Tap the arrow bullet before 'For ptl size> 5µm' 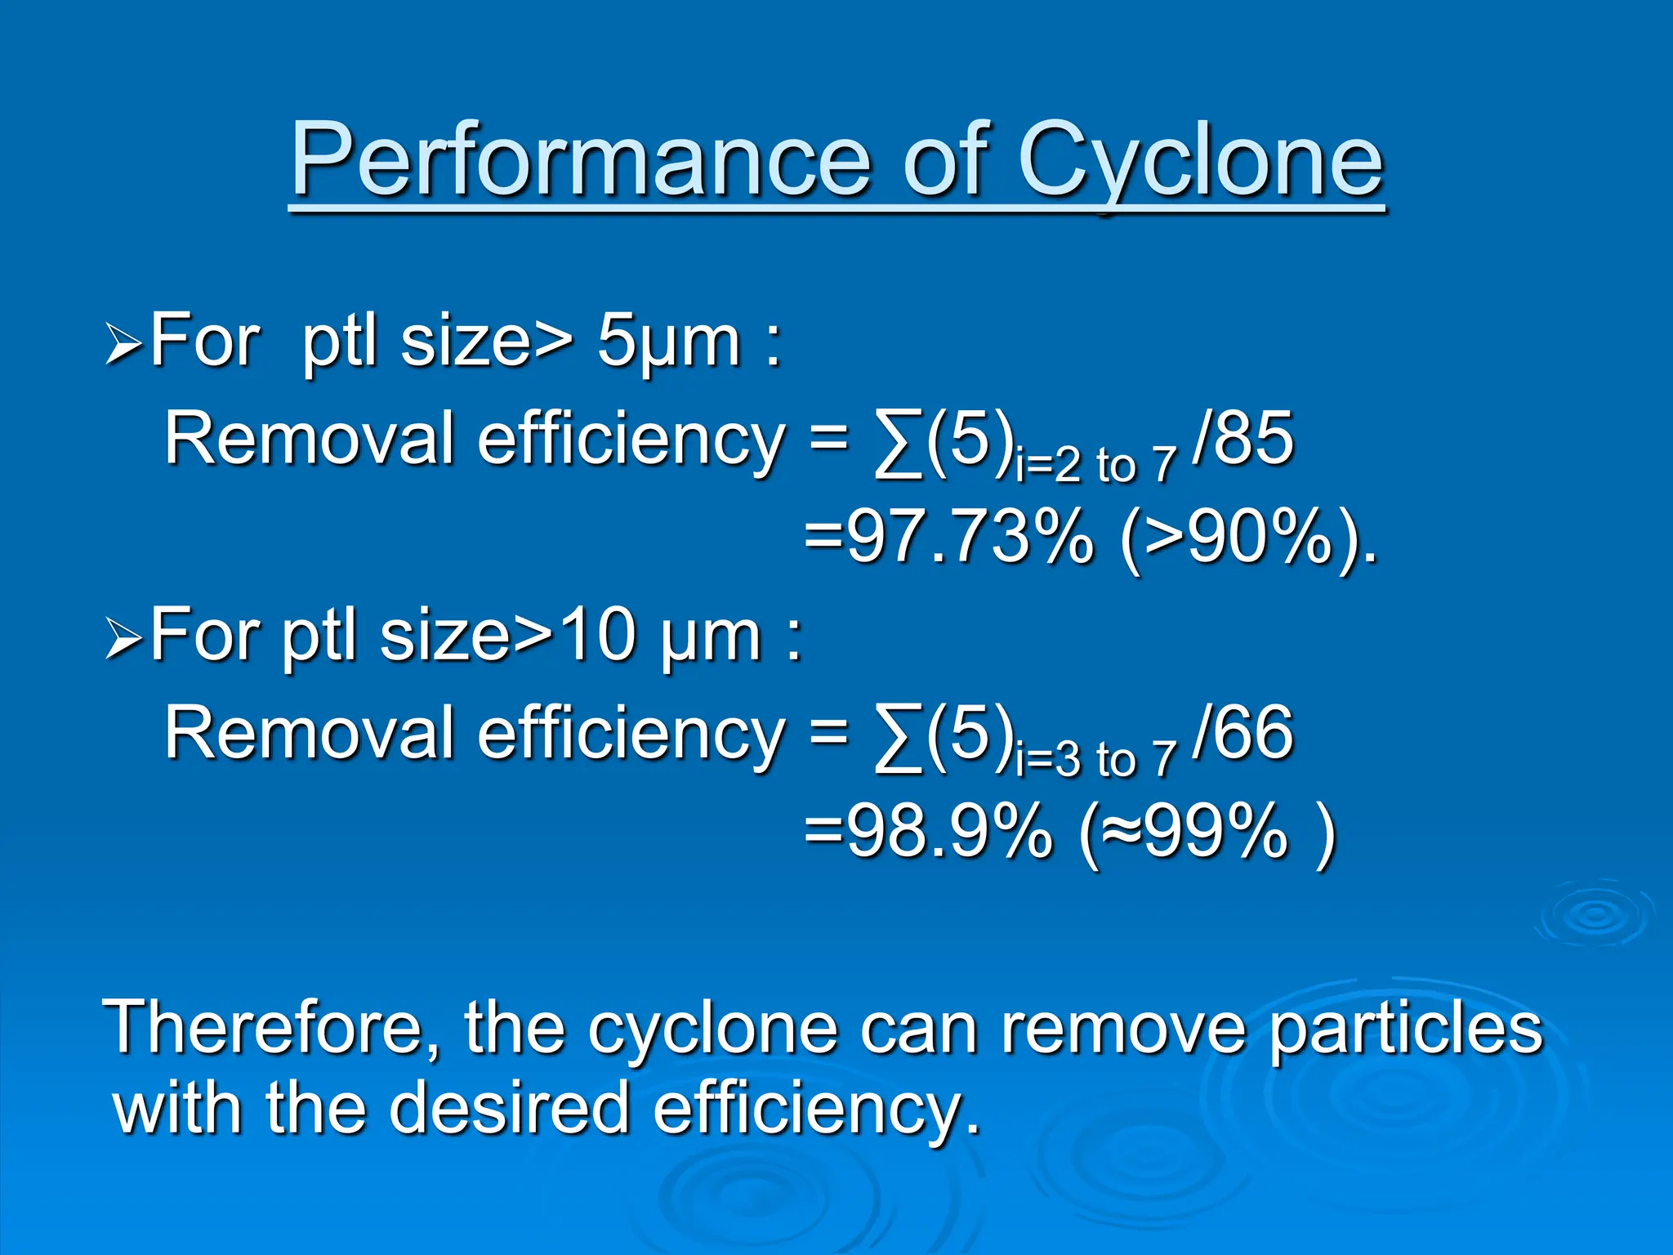click(124, 346)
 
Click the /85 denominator click(1242, 439)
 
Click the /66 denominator click(1242, 733)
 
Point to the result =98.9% click(927, 833)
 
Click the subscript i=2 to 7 click(1095, 466)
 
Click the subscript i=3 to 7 click(1095, 760)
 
